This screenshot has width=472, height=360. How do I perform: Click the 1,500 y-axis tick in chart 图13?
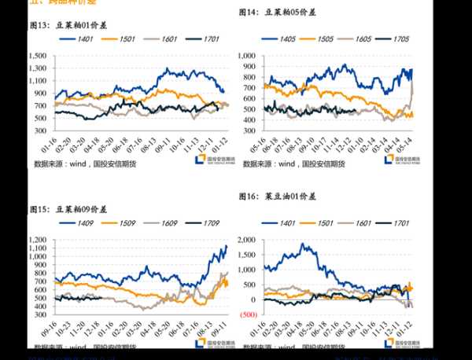(x=36, y=57)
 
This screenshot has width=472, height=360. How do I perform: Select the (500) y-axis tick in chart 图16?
(x=247, y=314)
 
